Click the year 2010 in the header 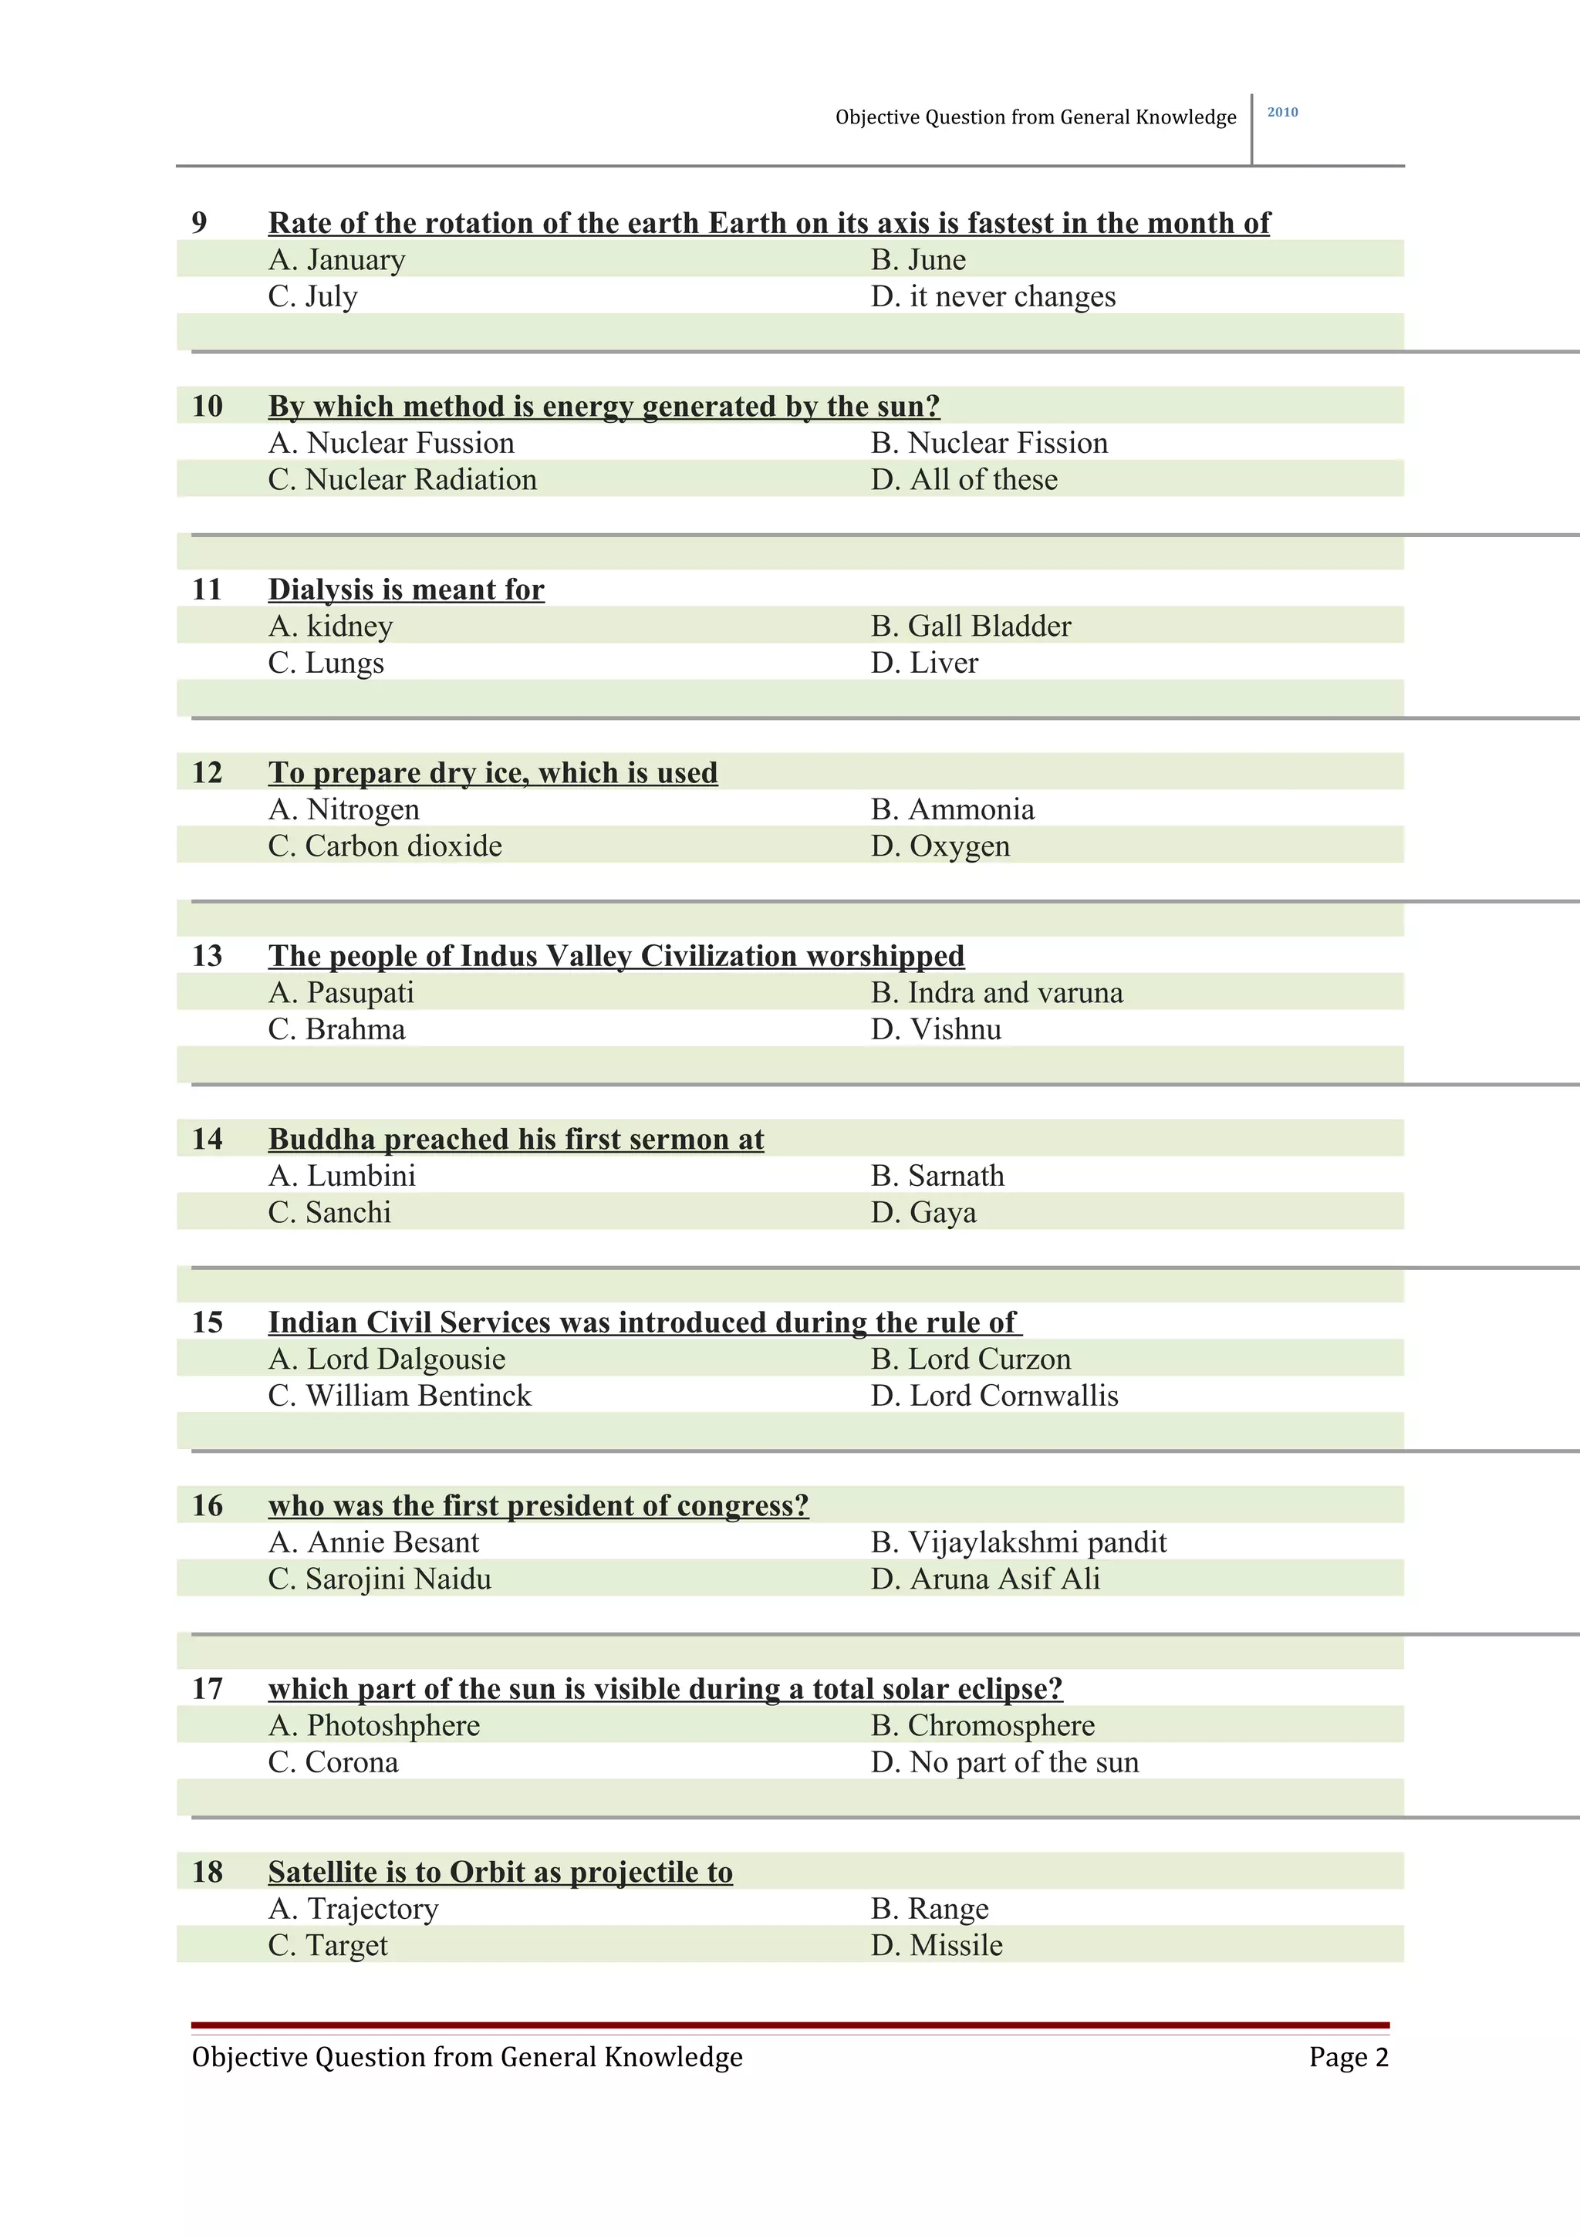point(1282,113)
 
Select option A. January point(337,260)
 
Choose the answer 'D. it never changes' point(993,297)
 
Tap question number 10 point(208,406)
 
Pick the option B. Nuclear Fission point(989,443)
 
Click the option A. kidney point(331,627)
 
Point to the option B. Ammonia point(952,809)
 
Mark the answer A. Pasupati point(341,993)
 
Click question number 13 point(208,956)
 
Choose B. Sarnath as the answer point(937,1177)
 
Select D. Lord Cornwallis point(994,1397)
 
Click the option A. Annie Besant point(374,1542)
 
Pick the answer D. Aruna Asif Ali point(985,1579)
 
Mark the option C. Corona point(333,1763)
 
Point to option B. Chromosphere point(982,1726)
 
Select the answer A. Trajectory point(353,1909)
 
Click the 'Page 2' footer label point(1349,2058)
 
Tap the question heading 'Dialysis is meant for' point(406,590)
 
